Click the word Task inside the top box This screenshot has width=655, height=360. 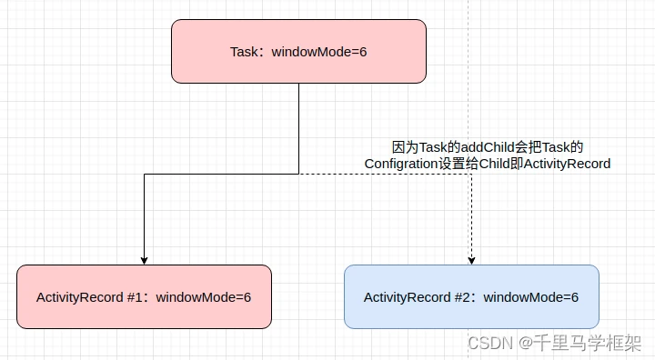(245, 52)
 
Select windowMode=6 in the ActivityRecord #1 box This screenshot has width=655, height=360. (204, 297)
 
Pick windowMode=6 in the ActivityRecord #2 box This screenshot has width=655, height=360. (531, 297)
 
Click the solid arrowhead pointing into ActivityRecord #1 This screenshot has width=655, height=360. (144, 260)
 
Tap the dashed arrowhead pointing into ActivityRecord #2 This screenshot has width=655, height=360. (471, 260)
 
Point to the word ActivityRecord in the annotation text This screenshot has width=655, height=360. (568, 164)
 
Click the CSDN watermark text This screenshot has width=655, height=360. (490, 343)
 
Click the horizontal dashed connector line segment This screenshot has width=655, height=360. (382, 174)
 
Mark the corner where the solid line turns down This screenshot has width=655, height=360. (145, 174)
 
